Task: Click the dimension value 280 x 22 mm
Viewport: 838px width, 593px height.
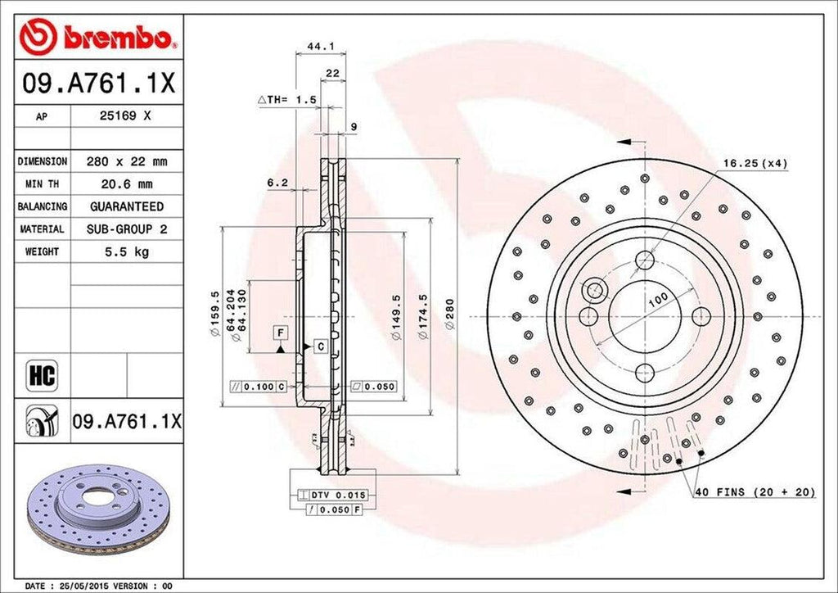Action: click(126, 162)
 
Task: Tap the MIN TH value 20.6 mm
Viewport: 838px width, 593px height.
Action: click(126, 184)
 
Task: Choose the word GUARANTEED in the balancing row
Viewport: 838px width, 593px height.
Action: click(126, 206)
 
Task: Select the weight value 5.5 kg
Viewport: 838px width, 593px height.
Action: click(126, 251)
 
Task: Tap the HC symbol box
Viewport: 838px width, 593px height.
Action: click(41, 376)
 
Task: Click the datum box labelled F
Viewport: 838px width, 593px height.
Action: click(281, 332)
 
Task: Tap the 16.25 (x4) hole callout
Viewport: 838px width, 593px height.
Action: click(755, 163)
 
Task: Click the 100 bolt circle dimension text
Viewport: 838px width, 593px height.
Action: click(657, 301)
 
